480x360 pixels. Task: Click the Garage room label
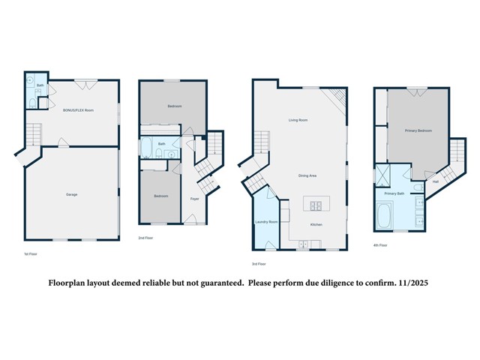click(x=71, y=194)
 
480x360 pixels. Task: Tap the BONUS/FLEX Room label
click(x=78, y=110)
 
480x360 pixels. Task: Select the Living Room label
click(x=298, y=120)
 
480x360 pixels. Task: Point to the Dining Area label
click(x=307, y=175)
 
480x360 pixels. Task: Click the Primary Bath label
click(x=394, y=193)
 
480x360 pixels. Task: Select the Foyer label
click(x=194, y=199)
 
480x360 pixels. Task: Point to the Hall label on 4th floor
click(x=436, y=181)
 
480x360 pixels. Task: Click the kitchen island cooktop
click(x=316, y=203)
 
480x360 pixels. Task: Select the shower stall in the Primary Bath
click(x=383, y=177)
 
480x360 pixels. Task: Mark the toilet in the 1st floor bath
click(x=30, y=103)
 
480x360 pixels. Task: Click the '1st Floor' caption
click(x=30, y=254)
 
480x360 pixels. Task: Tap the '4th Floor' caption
click(x=380, y=245)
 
